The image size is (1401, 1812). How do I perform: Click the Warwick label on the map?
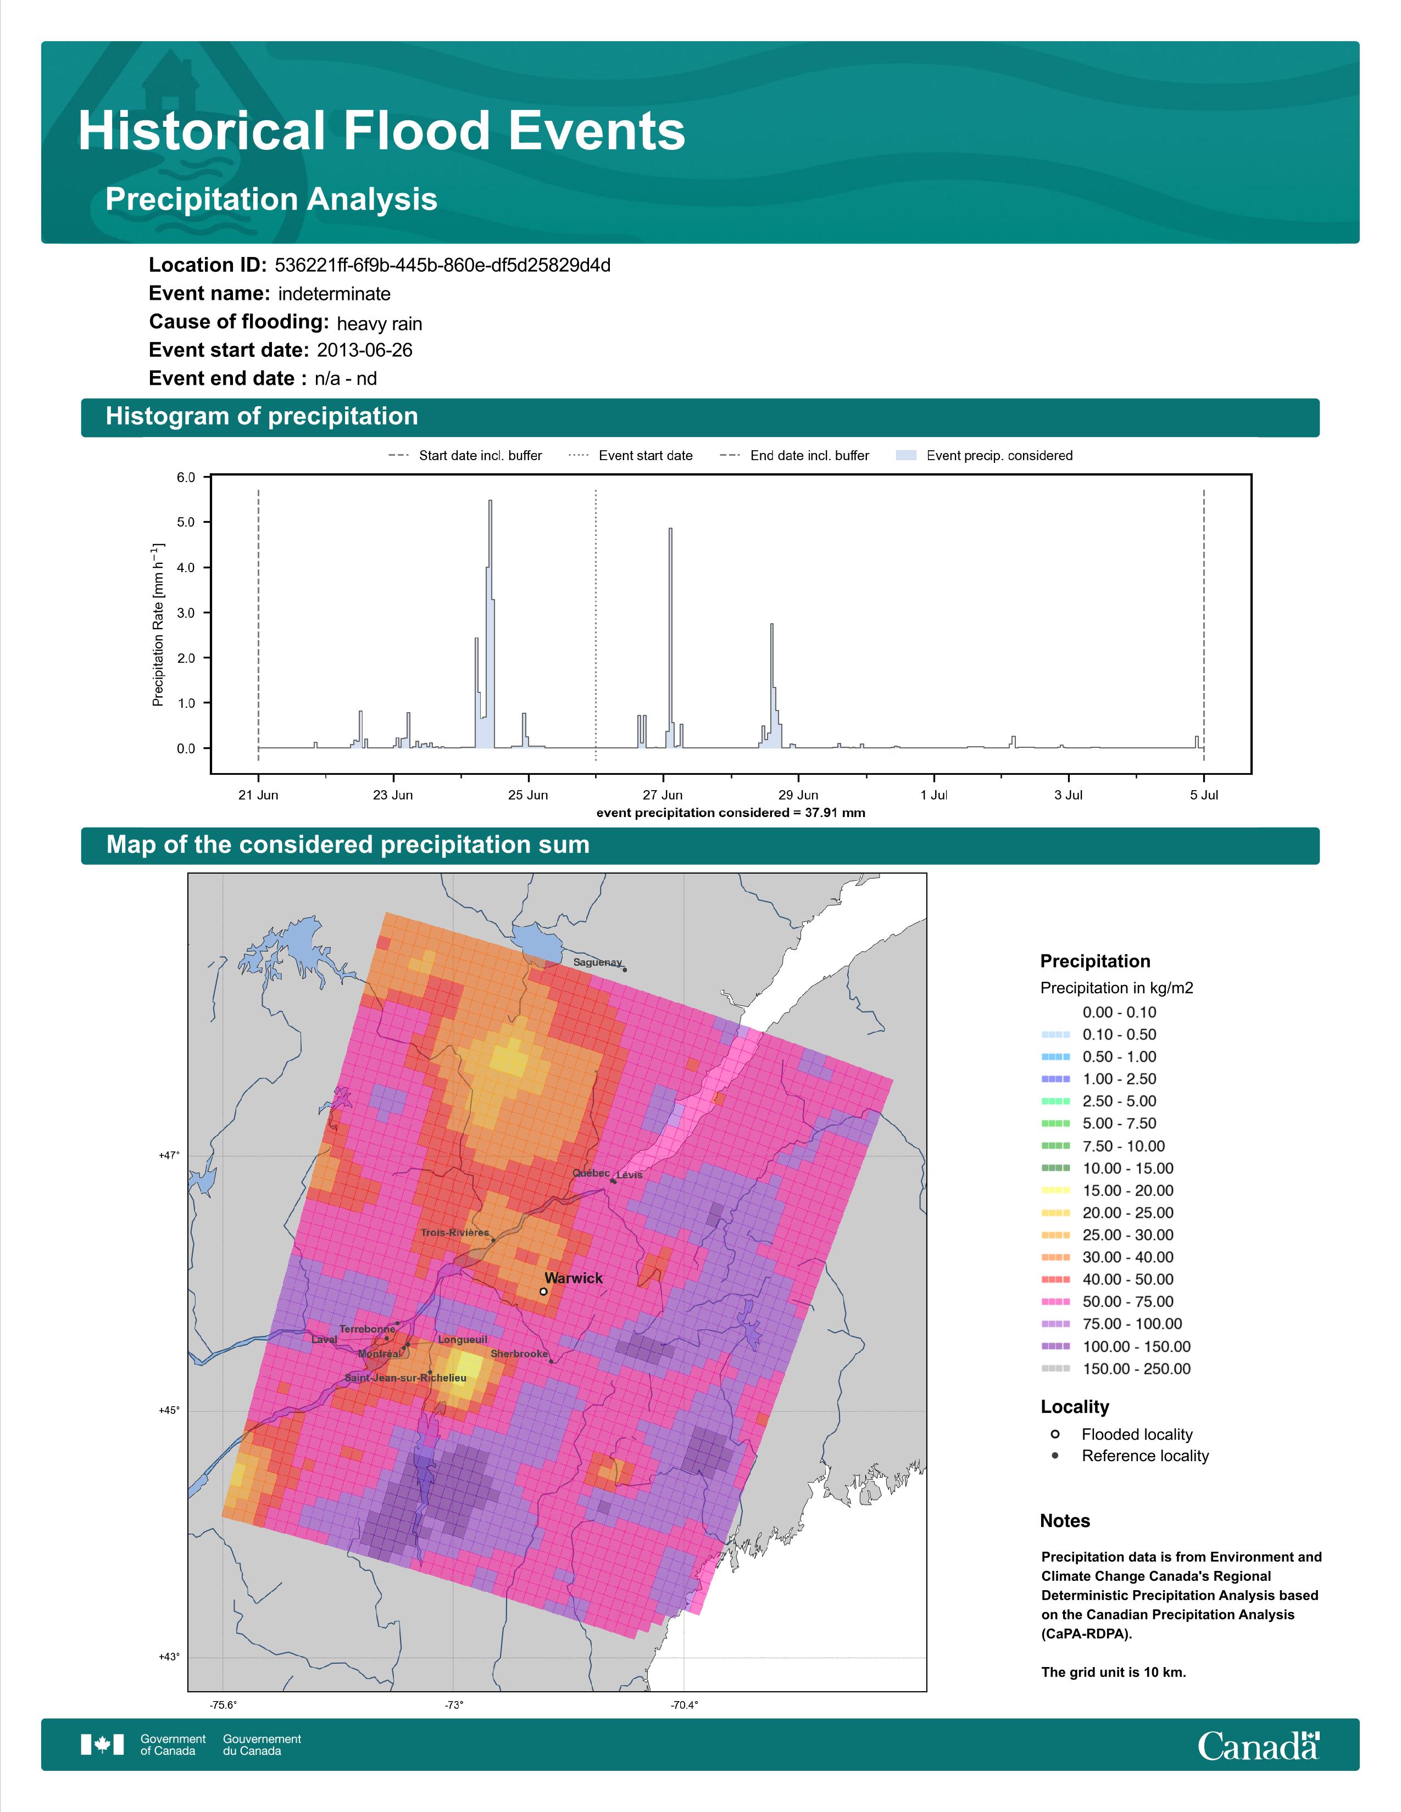[574, 1278]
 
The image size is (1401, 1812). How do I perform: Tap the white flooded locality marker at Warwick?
[543, 1292]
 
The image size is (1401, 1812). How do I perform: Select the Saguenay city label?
[598, 963]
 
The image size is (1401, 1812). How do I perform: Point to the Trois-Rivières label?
[455, 1233]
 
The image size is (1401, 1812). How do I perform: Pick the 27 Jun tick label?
[663, 795]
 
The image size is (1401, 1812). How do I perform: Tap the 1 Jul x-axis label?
[933, 795]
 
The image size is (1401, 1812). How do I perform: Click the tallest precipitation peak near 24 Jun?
[491, 501]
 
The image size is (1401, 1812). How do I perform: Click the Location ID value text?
[442, 266]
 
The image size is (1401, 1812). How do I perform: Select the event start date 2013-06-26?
[364, 350]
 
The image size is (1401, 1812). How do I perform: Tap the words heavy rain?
[379, 323]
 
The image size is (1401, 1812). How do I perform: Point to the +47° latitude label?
[169, 1155]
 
